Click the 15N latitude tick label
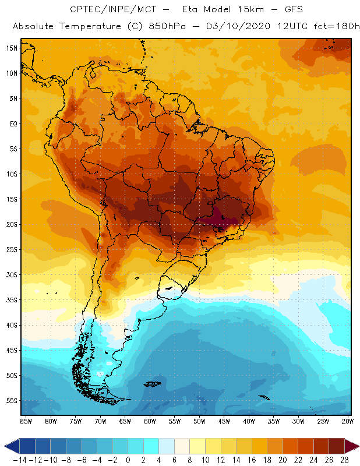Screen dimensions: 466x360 (x=12, y=48)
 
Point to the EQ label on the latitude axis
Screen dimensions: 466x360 (x=13, y=123)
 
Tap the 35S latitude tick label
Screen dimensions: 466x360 (x=12, y=300)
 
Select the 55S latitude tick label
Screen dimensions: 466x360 (x=12, y=401)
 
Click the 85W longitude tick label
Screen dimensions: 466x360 (x=26, y=421)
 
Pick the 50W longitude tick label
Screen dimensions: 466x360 (x=200, y=421)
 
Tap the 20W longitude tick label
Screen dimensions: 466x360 (x=348, y=421)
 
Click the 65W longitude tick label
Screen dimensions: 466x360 (x=125, y=421)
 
